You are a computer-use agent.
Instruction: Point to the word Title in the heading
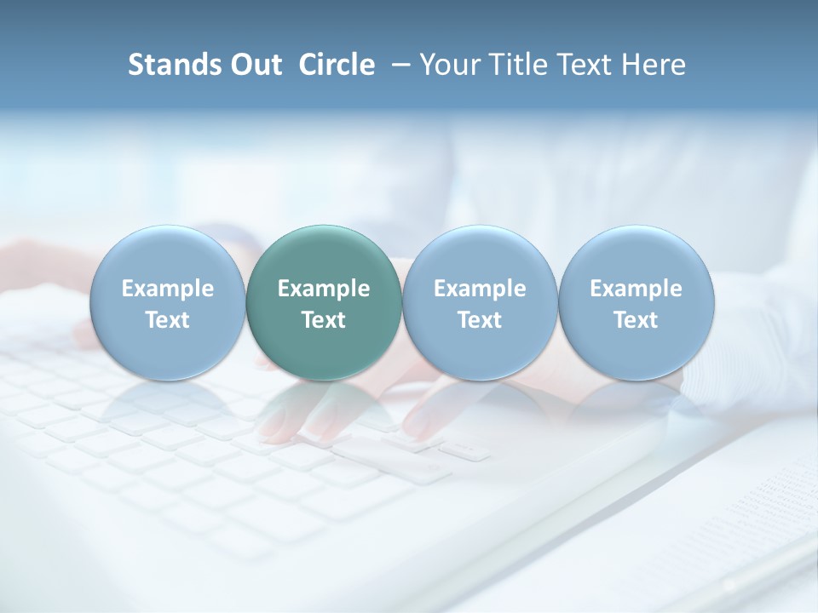[x=513, y=65]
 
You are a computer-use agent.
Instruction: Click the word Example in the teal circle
[x=324, y=289]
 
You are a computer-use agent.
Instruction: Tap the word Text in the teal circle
[x=324, y=320]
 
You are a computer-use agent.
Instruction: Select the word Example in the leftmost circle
[x=168, y=289]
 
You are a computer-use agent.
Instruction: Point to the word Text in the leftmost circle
[x=168, y=320]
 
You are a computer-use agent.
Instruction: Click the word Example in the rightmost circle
[x=636, y=289]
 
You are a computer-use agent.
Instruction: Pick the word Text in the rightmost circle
[x=636, y=320]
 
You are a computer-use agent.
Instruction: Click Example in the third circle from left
[x=480, y=289]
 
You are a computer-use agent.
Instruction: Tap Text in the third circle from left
[x=480, y=320]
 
